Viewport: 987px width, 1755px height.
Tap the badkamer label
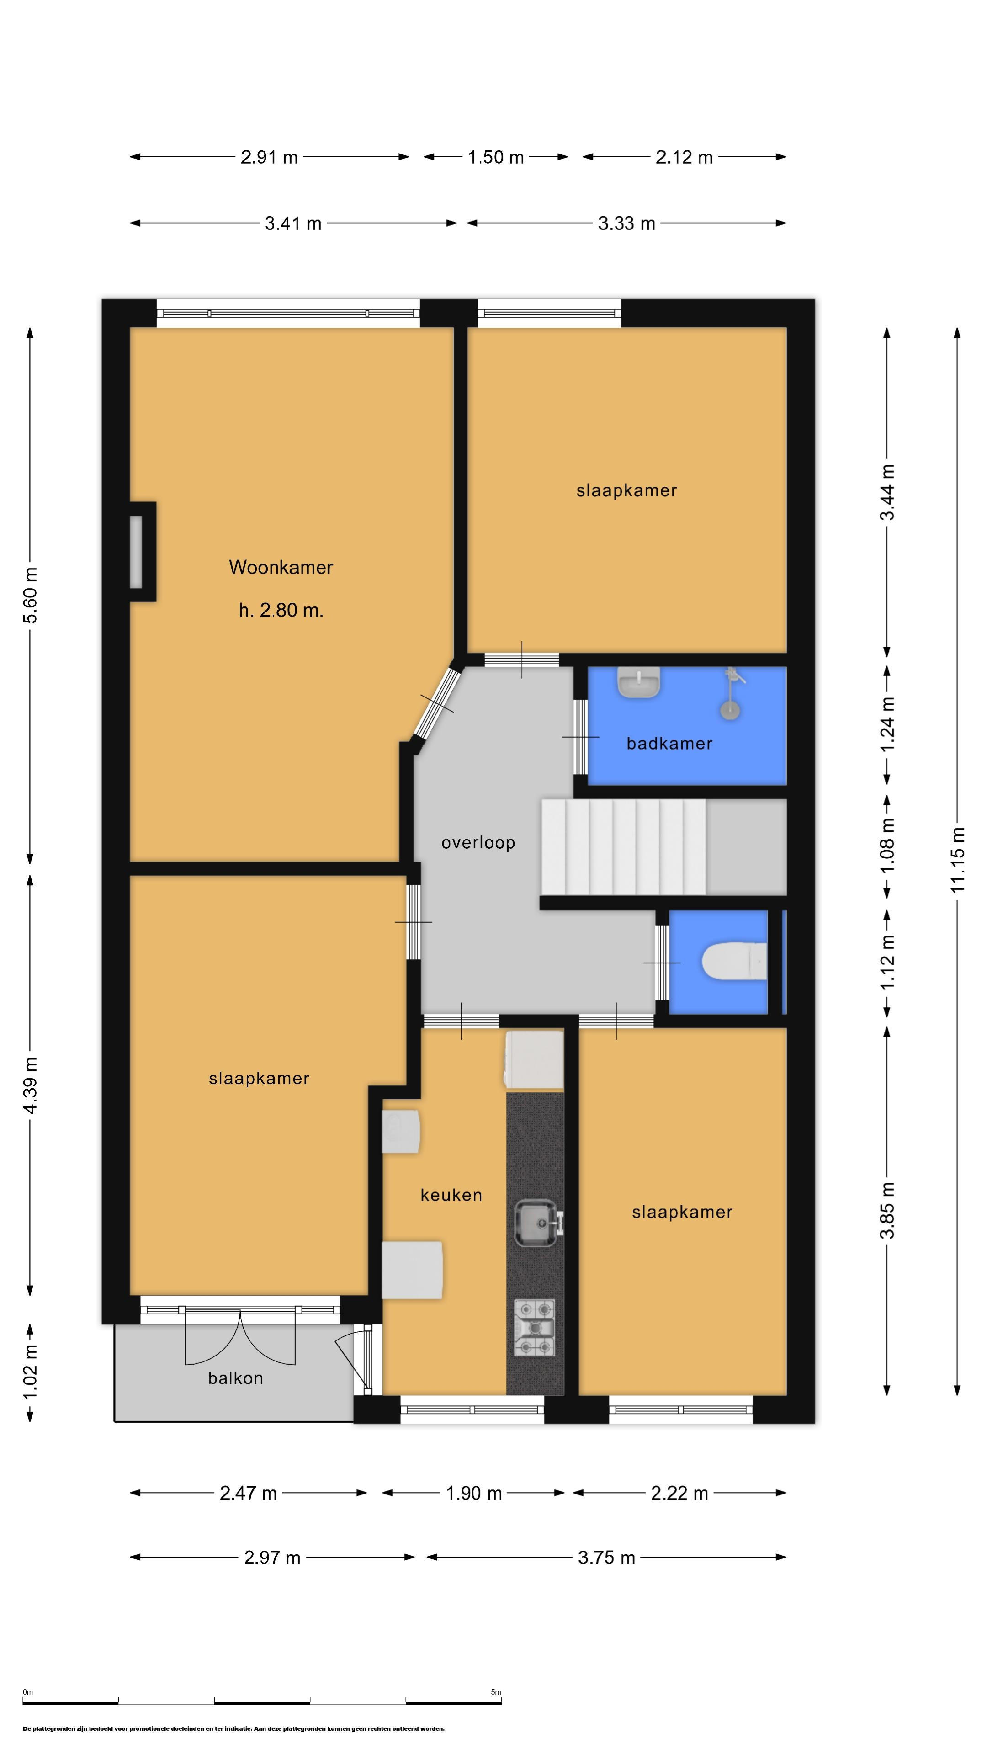pos(669,743)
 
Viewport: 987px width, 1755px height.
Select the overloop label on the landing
pos(478,843)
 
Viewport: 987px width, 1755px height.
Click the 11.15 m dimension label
pos(958,860)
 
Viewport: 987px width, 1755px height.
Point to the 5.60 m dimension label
pos(30,595)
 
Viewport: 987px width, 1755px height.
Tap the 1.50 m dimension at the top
pos(496,157)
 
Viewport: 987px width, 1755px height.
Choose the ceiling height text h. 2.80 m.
pos(281,611)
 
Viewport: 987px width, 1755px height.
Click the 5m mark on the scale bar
pos(496,1691)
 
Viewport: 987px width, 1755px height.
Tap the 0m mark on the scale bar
pos(27,1691)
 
